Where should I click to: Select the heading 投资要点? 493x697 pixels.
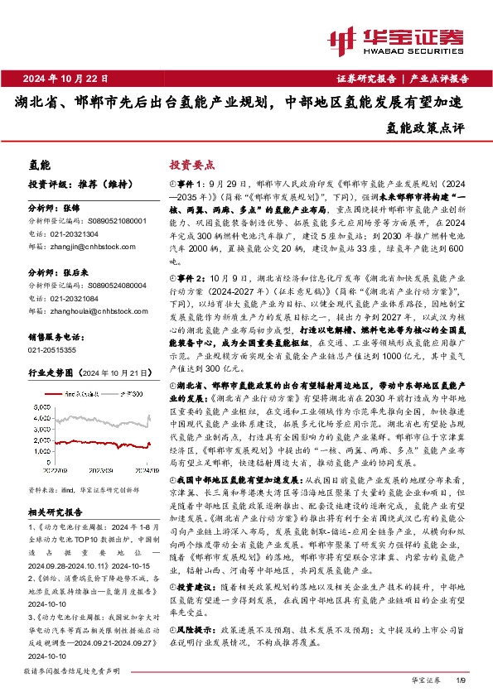point(192,165)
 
